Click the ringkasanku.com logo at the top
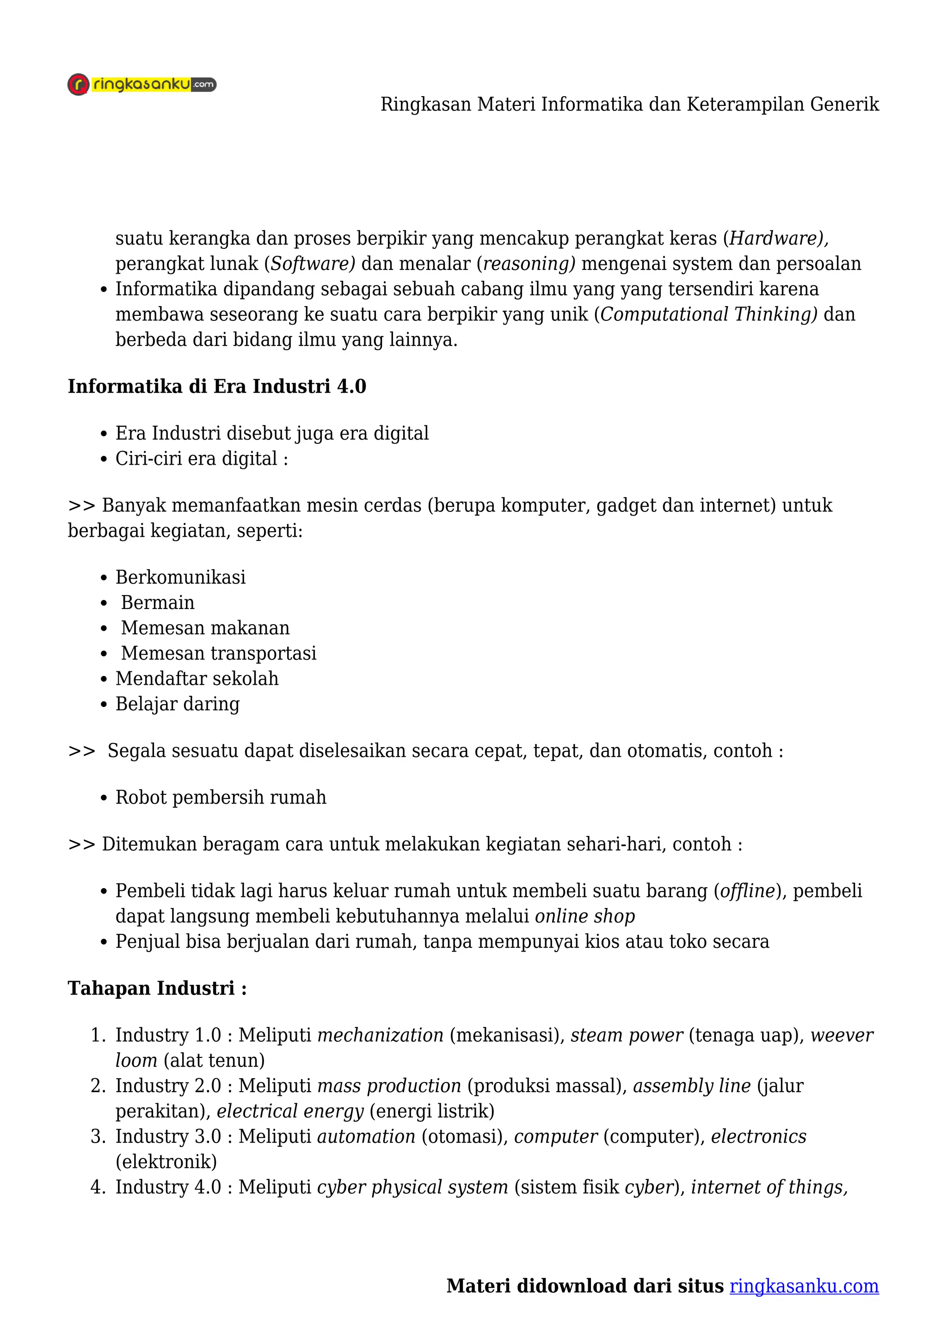tap(141, 85)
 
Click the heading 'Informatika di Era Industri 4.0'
tap(217, 386)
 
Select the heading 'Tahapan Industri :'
tap(157, 988)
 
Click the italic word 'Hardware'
tap(775, 238)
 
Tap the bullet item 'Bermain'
tap(157, 602)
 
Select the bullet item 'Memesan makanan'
tap(205, 627)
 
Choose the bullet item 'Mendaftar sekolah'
tap(197, 678)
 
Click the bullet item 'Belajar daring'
tap(178, 704)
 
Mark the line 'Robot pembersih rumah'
tap(221, 797)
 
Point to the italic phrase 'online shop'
tap(585, 916)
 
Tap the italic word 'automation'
tap(366, 1136)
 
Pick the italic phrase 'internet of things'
tap(769, 1187)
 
